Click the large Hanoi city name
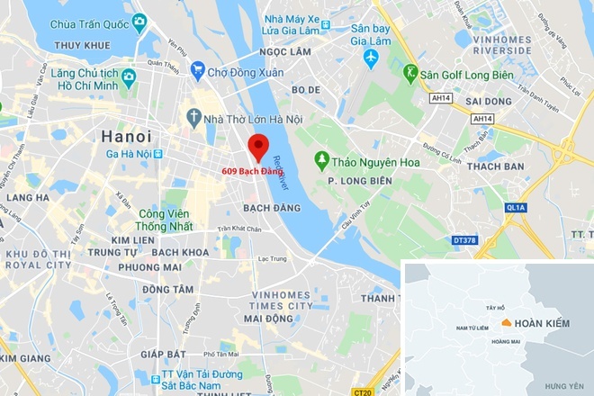(x=126, y=136)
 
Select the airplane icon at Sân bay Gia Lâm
(x=370, y=57)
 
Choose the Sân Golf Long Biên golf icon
(x=411, y=72)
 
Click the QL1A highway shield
(x=516, y=207)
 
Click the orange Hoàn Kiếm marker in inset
(x=508, y=322)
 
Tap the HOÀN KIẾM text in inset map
(x=545, y=323)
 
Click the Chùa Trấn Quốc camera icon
(x=139, y=21)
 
